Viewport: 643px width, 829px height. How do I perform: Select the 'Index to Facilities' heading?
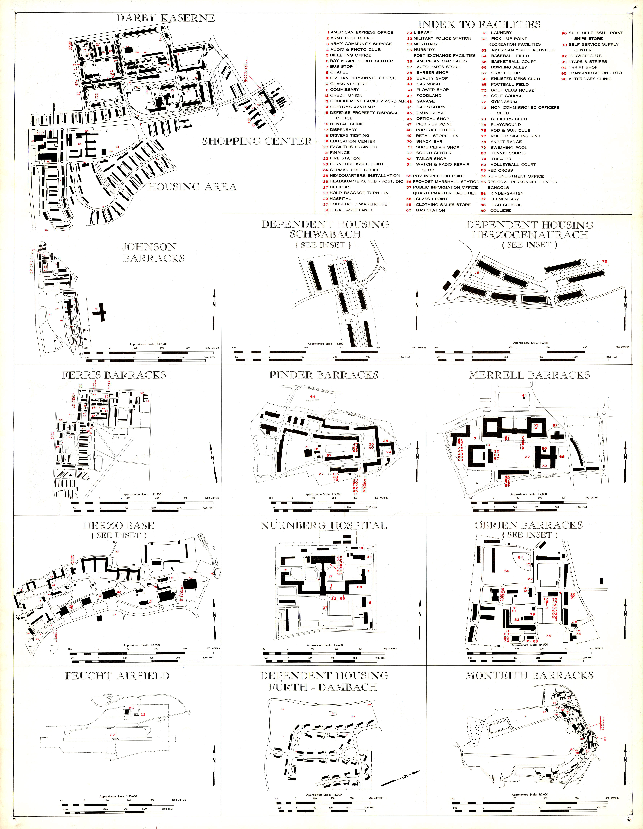(x=479, y=25)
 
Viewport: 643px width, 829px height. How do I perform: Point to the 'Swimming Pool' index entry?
(x=509, y=148)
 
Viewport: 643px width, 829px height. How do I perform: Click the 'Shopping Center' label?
(x=257, y=141)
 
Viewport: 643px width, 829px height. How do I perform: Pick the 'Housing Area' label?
(x=192, y=187)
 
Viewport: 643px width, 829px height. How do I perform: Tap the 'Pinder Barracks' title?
(x=324, y=375)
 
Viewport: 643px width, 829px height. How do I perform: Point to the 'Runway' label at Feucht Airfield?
(x=115, y=739)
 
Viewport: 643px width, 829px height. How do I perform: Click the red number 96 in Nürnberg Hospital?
(x=362, y=548)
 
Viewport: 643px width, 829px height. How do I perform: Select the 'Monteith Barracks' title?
(x=529, y=676)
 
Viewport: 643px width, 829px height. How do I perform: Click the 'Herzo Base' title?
(x=119, y=526)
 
